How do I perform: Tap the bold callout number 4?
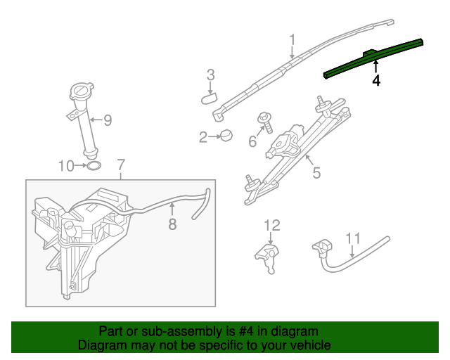pyautogui.click(x=376, y=81)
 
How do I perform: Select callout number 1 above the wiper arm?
pyautogui.click(x=292, y=39)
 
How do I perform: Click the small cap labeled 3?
pyautogui.click(x=209, y=98)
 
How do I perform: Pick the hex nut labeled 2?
pyautogui.click(x=226, y=135)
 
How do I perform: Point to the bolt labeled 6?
pyautogui.click(x=266, y=122)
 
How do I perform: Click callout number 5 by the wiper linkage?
pyautogui.click(x=316, y=173)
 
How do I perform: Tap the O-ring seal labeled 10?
pyautogui.click(x=94, y=166)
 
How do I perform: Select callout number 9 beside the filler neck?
pyautogui.click(x=108, y=120)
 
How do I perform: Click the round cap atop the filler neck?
pyautogui.click(x=82, y=91)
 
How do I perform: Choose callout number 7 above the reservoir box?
pyautogui.click(x=121, y=165)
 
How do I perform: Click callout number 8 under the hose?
pyautogui.click(x=172, y=224)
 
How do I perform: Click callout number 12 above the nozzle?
pyautogui.click(x=272, y=226)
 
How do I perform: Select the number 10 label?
pyautogui.click(x=66, y=166)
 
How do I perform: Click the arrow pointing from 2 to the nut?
pyautogui.click(x=214, y=137)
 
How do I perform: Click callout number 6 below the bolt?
pyautogui.click(x=252, y=141)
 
